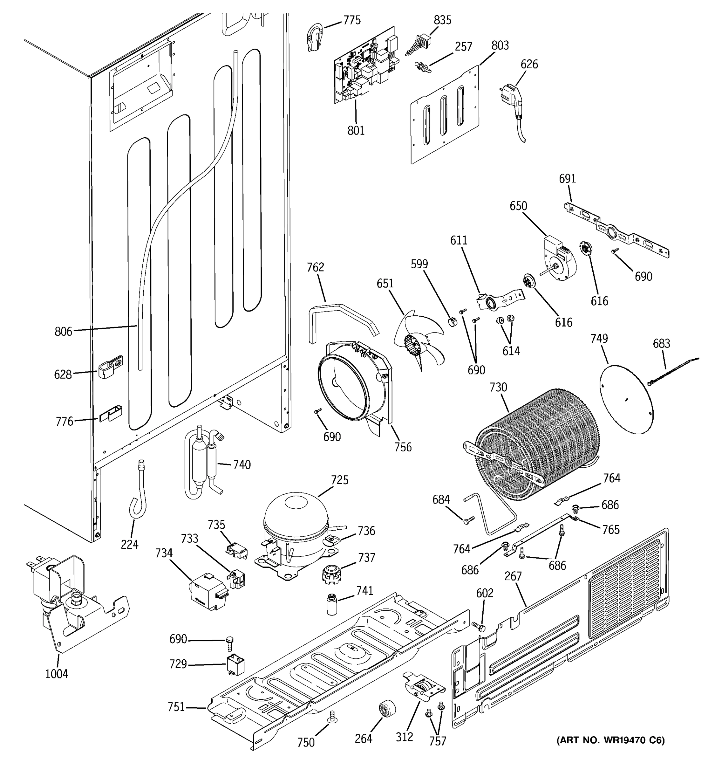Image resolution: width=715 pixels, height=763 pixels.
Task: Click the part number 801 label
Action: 356,130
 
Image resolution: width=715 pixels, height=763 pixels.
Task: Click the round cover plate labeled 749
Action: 626,399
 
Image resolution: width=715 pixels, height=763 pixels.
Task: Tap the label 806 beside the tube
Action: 63,331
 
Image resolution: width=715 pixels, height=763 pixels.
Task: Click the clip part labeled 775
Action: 315,37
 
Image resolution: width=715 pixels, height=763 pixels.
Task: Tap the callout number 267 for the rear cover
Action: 513,576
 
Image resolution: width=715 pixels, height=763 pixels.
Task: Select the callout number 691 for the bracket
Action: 567,178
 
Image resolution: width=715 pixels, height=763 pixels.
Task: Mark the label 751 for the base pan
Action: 176,707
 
